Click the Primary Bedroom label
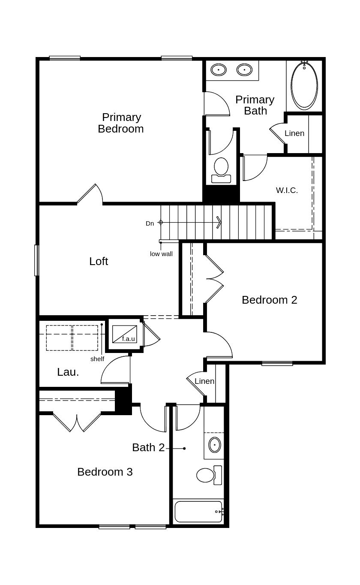pyautogui.click(x=120, y=123)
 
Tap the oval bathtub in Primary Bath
pyautogui.click(x=304, y=85)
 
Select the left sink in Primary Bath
pyautogui.click(x=219, y=69)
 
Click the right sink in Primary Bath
pyautogui.click(x=244, y=69)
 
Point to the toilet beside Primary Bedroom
pyautogui.click(x=221, y=169)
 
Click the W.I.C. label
pyautogui.click(x=287, y=190)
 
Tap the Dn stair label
pyautogui.click(x=150, y=223)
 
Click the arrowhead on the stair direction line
pyautogui.click(x=219, y=222)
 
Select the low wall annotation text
pyautogui.click(x=161, y=254)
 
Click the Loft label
pyautogui.click(x=99, y=261)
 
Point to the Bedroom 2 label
pyautogui.click(x=269, y=300)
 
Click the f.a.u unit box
pyautogui.click(x=125, y=334)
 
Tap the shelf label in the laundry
pyautogui.click(x=97, y=359)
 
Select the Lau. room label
pyautogui.click(x=68, y=372)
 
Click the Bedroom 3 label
pyautogui.click(x=105, y=472)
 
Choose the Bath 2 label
pyautogui.click(x=148, y=447)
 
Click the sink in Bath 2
pyautogui.click(x=214, y=445)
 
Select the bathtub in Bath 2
pyautogui.click(x=198, y=512)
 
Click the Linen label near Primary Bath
pyautogui.click(x=294, y=133)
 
